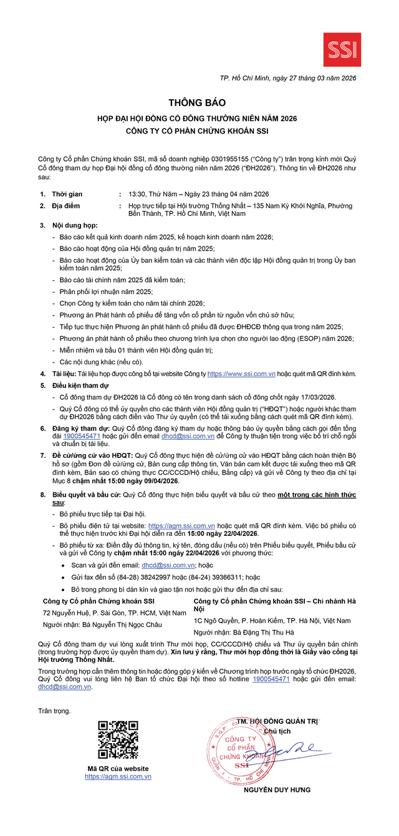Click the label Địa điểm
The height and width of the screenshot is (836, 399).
[x=65, y=206]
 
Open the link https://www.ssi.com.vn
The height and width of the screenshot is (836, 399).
[x=242, y=374]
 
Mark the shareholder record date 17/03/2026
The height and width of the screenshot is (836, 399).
[x=314, y=397]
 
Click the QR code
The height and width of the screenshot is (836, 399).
[x=118, y=740]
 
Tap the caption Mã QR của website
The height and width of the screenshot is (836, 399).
[x=118, y=768]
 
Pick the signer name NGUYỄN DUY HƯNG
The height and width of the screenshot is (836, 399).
[x=277, y=790]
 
